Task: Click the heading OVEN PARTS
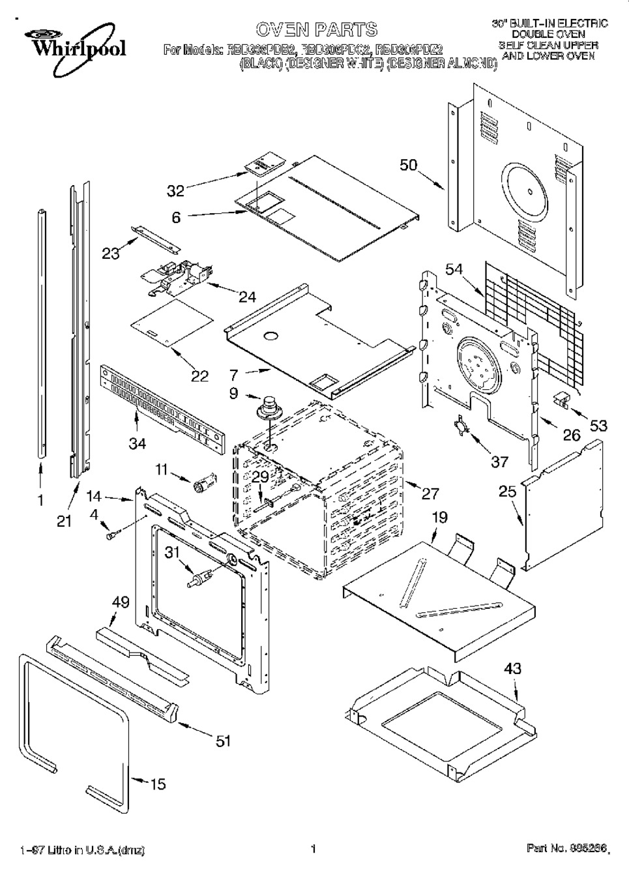tap(316, 29)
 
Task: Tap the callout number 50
tap(409, 166)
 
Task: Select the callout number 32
tap(176, 190)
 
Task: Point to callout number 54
tap(455, 269)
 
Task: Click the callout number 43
tap(512, 669)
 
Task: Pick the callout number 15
tap(158, 784)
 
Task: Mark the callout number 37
tap(499, 462)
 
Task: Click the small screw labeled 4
tap(111, 535)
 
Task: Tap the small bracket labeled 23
tap(155, 236)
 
